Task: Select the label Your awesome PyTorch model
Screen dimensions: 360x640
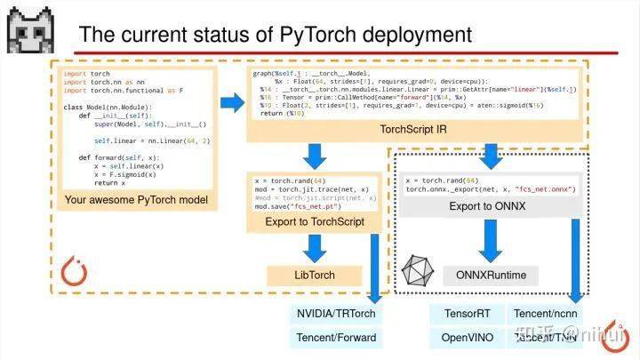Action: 136,200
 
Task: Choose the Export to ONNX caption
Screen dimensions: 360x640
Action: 486,206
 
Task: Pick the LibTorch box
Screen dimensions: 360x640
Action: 314,275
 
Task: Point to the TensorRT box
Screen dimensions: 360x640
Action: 461,314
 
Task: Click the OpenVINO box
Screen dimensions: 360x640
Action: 461,337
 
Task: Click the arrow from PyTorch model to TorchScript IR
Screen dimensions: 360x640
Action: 231,104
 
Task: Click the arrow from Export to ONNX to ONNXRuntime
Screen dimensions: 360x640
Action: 486,239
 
